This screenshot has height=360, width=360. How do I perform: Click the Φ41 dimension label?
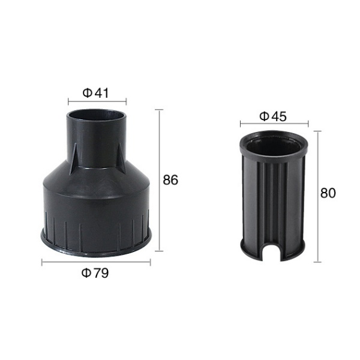click(x=95, y=93)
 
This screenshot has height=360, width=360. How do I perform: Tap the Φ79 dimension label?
click(x=95, y=274)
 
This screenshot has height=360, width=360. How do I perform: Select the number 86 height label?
click(x=171, y=180)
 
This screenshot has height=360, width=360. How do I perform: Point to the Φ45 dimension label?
click(x=274, y=116)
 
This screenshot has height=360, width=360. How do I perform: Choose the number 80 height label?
click(x=328, y=193)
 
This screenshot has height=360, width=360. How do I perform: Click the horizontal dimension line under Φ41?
click(x=95, y=103)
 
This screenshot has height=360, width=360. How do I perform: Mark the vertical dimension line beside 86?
click(x=159, y=180)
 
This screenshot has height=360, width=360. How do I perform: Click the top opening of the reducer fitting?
click(x=96, y=115)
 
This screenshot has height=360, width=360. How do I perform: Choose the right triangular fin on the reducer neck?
click(x=121, y=157)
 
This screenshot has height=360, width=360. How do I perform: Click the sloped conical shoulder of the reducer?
click(x=96, y=174)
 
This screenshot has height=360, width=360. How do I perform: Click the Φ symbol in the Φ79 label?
click(x=86, y=274)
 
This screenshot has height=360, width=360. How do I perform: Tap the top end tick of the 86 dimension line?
click(x=159, y=110)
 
